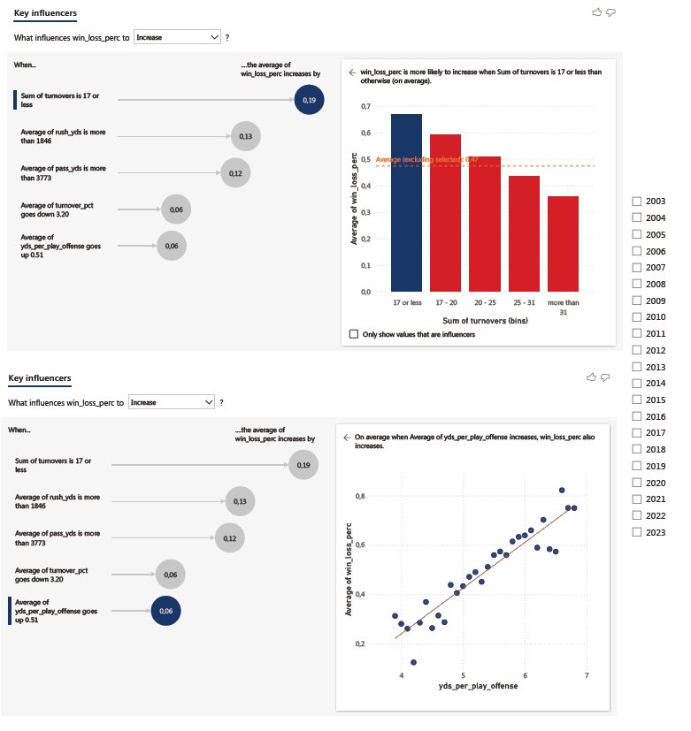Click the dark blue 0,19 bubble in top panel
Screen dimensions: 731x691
point(309,100)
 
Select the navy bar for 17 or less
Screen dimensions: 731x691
point(406,202)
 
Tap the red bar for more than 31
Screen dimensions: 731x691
point(563,243)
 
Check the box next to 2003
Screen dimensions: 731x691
point(637,202)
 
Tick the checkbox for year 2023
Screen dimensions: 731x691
point(637,532)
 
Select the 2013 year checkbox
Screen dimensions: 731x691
point(637,367)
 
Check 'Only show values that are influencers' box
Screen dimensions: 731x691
point(355,334)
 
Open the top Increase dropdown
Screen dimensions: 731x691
point(178,37)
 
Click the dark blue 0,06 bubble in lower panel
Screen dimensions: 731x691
point(165,610)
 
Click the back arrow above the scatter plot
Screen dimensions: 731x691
point(346,437)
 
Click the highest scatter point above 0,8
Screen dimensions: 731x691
point(561,490)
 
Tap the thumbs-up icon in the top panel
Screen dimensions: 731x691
point(596,11)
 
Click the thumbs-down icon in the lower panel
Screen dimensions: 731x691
point(606,377)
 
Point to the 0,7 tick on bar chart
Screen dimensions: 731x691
point(365,106)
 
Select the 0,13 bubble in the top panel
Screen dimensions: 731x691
point(245,136)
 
